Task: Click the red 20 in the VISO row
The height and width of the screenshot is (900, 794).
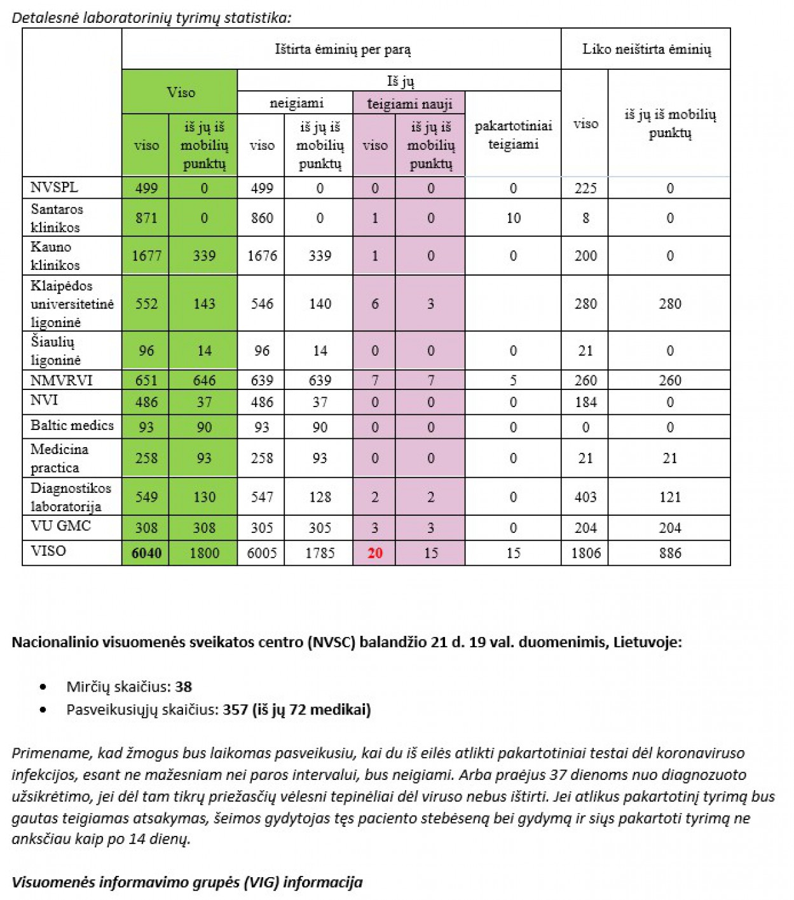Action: point(374,553)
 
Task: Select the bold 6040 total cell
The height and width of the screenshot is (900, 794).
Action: point(146,553)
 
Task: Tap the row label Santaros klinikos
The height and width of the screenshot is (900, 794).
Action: point(57,218)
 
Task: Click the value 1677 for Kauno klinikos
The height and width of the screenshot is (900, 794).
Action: point(146,256)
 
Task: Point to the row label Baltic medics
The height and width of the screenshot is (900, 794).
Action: point(72,426)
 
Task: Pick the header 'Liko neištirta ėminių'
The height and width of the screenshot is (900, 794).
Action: point(646,50)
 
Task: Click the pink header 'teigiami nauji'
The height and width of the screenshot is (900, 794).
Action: point(409,104)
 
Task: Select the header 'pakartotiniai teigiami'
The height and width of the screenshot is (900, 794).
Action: point(513,135)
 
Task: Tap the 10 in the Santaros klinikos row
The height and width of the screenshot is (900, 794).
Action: point(513,218)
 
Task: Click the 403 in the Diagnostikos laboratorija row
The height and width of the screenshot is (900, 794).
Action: point(585,497)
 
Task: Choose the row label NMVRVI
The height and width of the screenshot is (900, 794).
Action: point(61,380)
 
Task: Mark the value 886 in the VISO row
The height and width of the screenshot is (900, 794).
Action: point(669,553)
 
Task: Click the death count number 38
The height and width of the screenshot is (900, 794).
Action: point(184,687)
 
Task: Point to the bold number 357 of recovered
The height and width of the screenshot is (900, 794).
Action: point(235,709)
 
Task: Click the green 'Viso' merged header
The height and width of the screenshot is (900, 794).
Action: point(181,93)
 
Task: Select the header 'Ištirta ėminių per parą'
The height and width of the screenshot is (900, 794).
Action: point(342,50)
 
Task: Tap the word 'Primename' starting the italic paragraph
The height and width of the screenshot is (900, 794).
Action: point(50,753)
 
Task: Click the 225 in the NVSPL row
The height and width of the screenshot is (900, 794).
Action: point(585,189)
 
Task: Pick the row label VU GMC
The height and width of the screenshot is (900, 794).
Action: point(60,526)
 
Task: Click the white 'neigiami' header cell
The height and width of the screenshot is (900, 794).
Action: point(296,103)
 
